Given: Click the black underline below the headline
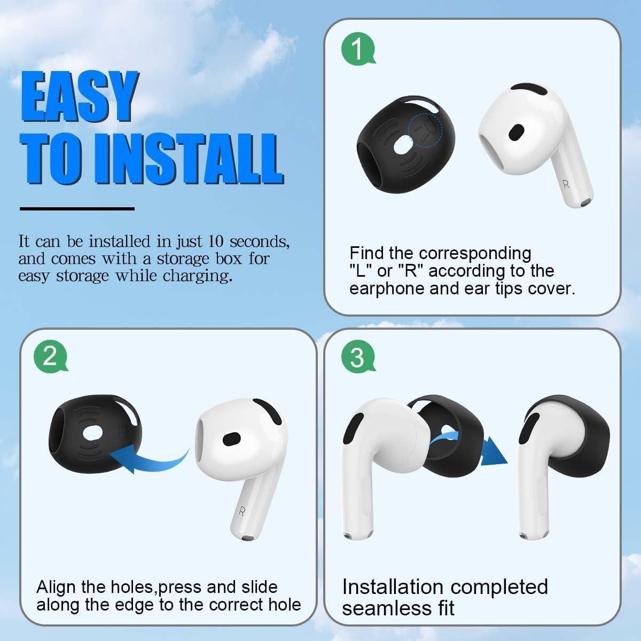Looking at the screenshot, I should click(77, 208).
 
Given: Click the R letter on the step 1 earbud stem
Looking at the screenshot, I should click(566, 184).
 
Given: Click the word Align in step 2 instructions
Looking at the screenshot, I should click(57, 588).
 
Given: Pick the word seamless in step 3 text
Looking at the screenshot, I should click(398, 608).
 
